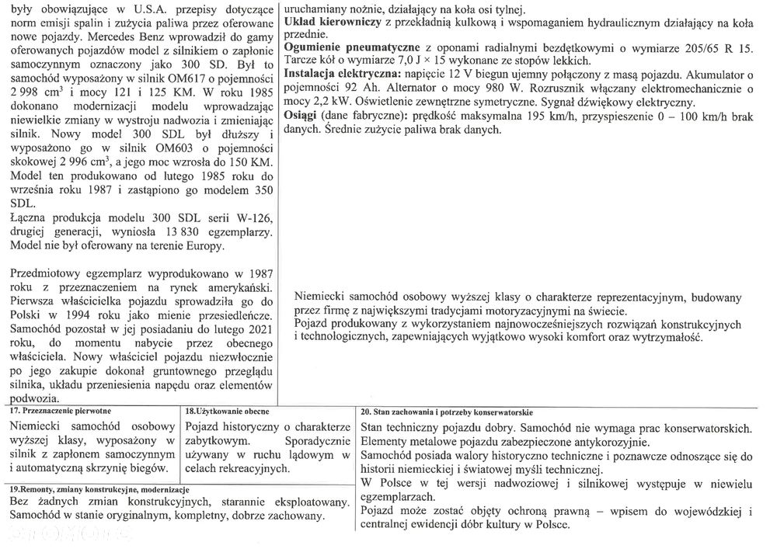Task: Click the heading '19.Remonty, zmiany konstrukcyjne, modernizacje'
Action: [x=99, y=490]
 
